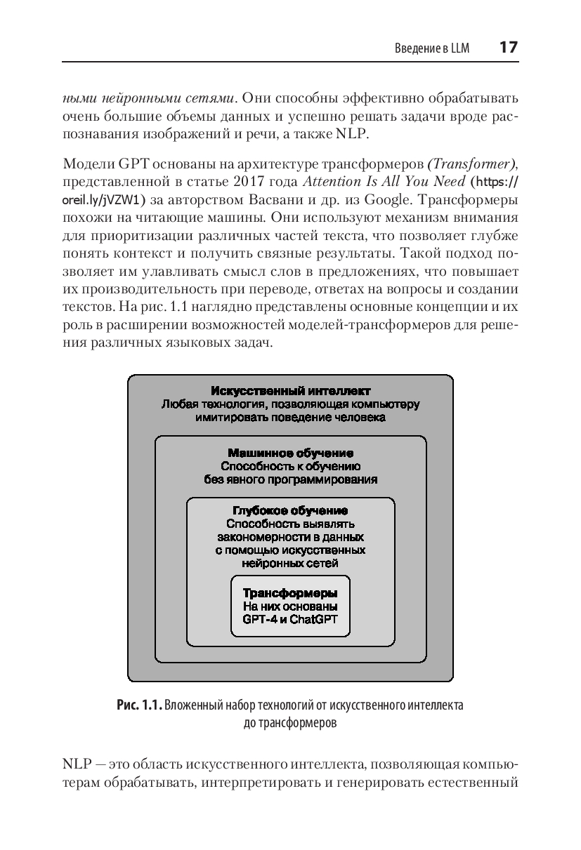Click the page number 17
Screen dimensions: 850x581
click(508, 48)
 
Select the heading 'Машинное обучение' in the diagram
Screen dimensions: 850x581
click(290, 453)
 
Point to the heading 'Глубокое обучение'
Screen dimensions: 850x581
click(290, 510)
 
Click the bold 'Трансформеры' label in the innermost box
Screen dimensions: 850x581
click(290, 592)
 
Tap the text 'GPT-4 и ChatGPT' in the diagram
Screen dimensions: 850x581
click(290, 620)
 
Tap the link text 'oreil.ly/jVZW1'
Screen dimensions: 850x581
click(102, 199)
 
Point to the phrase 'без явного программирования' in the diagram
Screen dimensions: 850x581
click(290, 480)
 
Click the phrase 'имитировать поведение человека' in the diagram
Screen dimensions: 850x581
click(290, 418)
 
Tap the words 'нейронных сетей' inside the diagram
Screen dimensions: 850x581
click(290, 563)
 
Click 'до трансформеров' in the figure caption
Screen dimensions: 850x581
click(290, 722)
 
